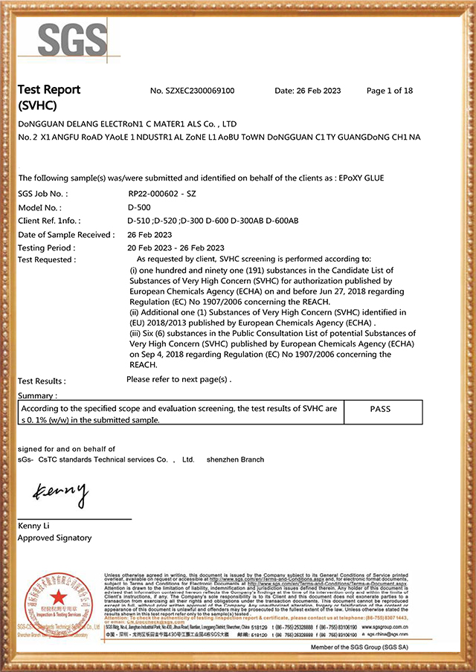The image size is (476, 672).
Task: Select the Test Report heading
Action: click(x=49, y=90)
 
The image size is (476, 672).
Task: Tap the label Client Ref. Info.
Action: click(x=49, y=221)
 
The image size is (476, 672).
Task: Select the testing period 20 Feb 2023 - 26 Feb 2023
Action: click(x=176, y=248)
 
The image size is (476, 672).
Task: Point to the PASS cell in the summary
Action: click(x=379, y=409)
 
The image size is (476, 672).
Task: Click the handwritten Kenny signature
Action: click(x=60, y=492)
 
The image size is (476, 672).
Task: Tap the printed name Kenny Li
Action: click(x=36, y=526)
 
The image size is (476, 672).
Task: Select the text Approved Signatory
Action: click(x=55, y=537)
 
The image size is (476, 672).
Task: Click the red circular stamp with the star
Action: click(x=54, y=602)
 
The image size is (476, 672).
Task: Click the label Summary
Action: click(x=37, y=395)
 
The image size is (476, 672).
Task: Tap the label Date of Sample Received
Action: click(x=66, y=234)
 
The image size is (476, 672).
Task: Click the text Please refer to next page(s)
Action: click(x=179, y=379)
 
